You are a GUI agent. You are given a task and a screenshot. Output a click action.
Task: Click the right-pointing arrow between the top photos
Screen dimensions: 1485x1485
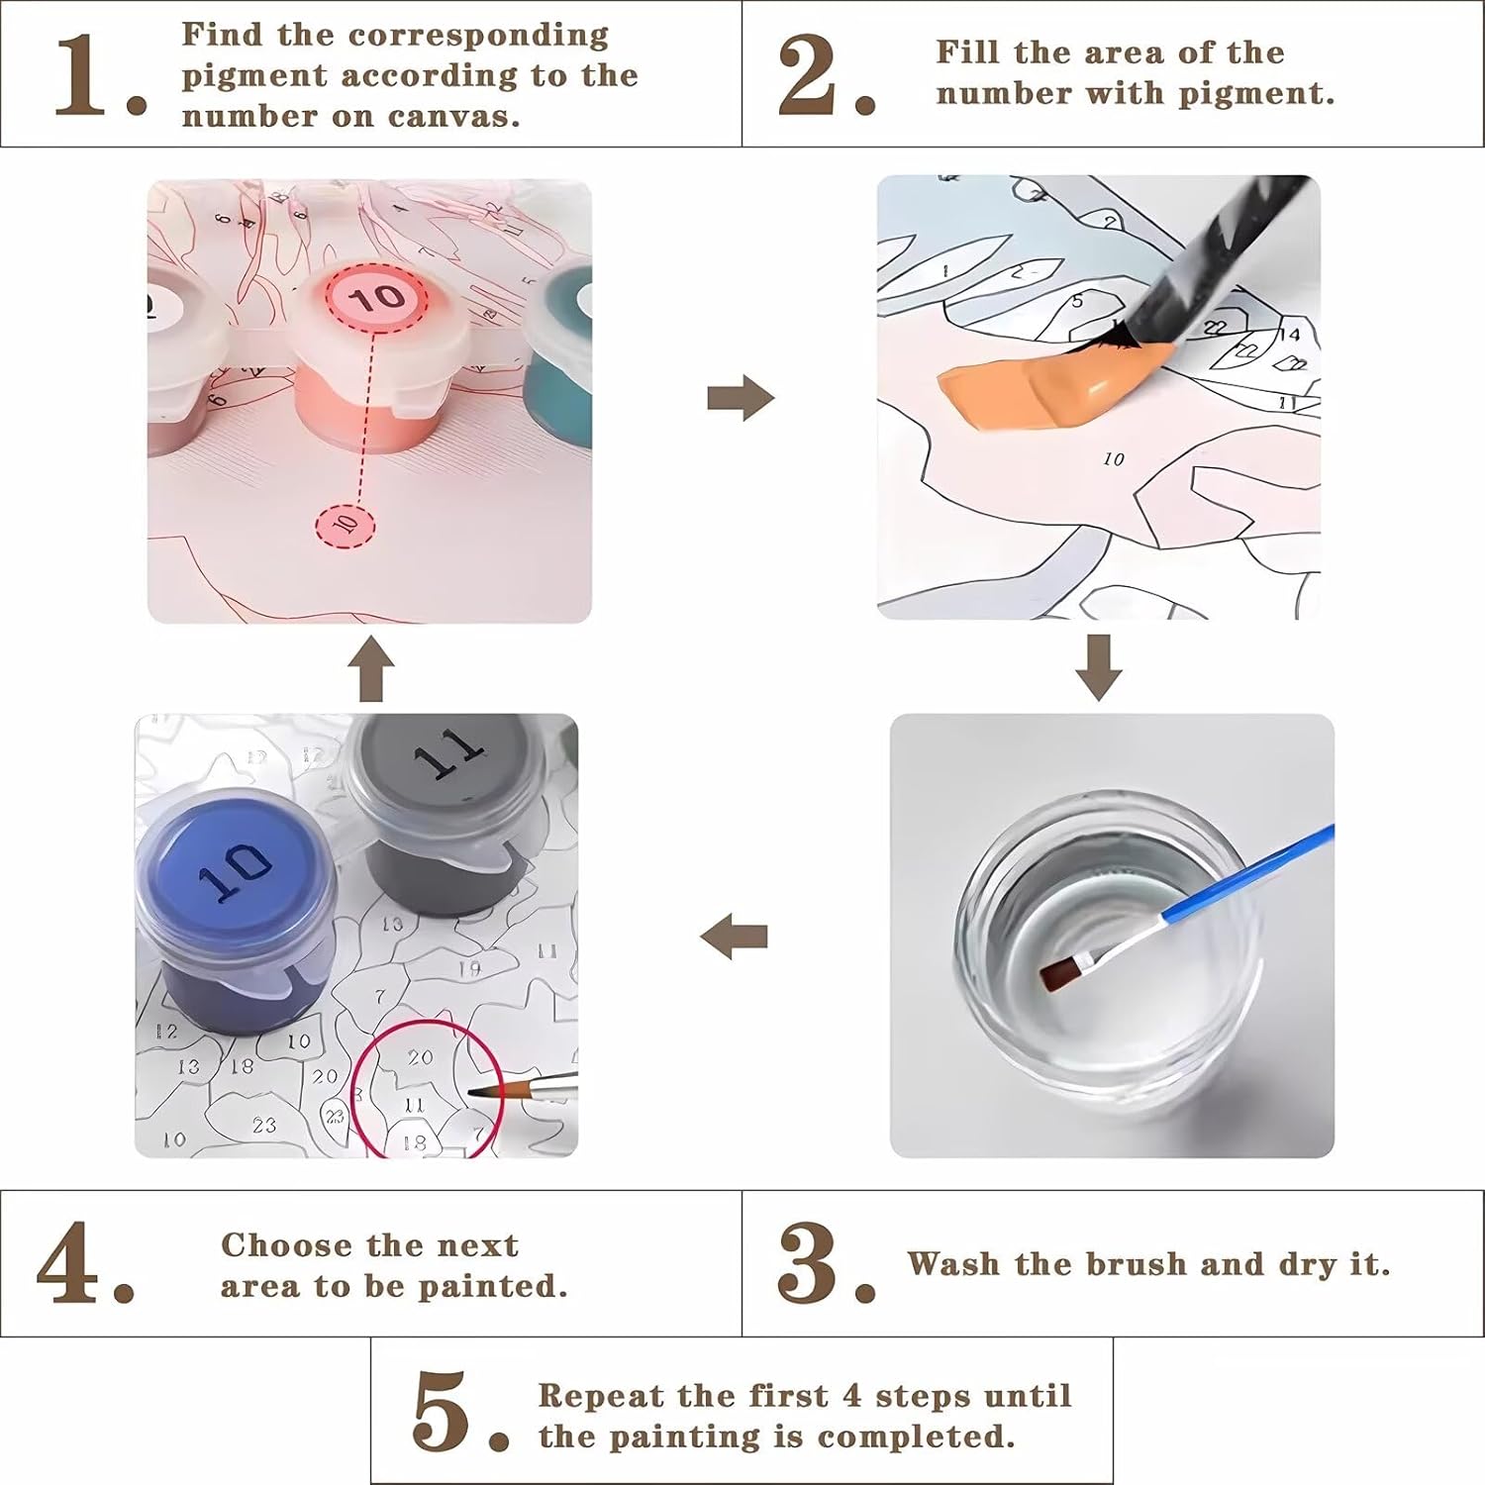point(741,399)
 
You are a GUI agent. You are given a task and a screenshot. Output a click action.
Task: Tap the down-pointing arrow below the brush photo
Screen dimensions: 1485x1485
point(1099,668)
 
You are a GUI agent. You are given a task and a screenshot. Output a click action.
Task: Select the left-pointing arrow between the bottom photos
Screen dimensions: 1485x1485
point(734,937)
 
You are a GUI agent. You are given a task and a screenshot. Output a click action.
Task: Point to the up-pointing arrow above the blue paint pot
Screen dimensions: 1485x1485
point(371,669)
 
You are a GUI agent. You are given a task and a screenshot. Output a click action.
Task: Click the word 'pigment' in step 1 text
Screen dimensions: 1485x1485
point(253,76)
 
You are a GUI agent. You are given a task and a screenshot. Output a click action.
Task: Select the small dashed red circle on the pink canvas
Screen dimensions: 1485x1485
point(345,523)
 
